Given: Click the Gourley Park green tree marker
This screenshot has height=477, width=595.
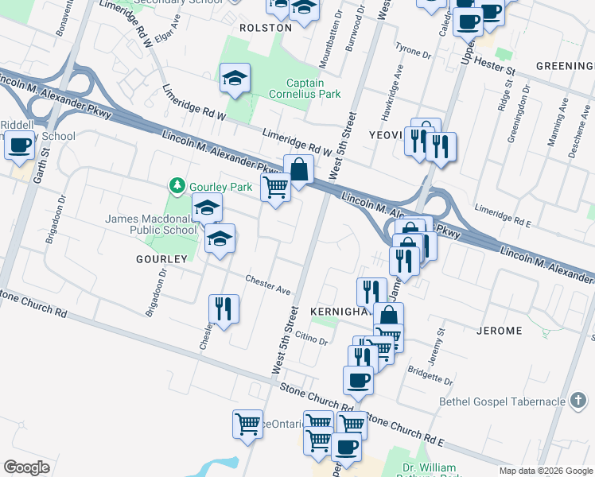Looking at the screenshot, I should [177, 187].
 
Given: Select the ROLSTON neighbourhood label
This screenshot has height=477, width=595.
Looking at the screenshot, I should [265, 27].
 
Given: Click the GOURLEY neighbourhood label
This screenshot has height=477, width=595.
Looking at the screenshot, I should [161, 259].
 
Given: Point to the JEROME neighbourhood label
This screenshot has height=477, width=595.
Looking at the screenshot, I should [499, 330].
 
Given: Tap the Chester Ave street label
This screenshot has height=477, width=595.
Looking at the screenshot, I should [267, 285].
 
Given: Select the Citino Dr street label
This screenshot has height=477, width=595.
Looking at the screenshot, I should [312, 339].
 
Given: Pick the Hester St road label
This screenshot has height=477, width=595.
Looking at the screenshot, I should [500, 68].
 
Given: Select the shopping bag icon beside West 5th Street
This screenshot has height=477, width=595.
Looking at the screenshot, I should [298, 169].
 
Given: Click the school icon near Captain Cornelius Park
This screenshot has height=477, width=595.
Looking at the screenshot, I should [235, 78].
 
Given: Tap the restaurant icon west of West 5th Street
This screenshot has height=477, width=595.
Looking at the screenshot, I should [224, 308].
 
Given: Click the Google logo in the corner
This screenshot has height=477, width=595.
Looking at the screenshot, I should [26, 467].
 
